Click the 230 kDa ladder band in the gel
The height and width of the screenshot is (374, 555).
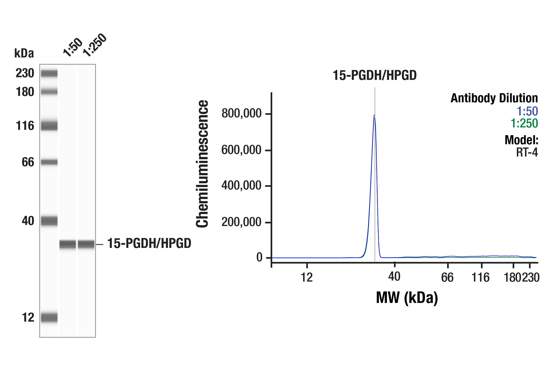(49, 73)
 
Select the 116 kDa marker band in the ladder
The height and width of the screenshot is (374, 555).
(49, 126)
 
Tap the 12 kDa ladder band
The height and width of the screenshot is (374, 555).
(49, 317)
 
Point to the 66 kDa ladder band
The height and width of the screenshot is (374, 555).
(49, 162)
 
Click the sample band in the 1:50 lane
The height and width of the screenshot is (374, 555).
(68, 244)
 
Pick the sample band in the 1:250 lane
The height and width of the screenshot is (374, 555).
(86, 244)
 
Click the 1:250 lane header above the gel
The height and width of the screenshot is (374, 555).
(94, 45)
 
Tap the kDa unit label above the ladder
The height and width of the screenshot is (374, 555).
(24, 53)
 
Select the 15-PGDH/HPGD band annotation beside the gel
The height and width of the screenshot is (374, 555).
(149, 243)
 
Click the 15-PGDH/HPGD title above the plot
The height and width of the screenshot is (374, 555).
(374, 75)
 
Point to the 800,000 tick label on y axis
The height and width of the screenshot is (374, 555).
(241, 113)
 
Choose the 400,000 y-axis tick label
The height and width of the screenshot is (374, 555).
(241, 185)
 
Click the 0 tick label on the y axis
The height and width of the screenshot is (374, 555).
(259, 257)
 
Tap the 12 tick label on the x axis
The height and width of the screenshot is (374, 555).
(307, 277)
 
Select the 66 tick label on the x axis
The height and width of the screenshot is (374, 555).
(447, 277)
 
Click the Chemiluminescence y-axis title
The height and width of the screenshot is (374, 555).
(202, 163)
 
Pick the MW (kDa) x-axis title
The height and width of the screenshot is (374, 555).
(407, 298)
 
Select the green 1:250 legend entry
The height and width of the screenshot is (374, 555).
(524, 123)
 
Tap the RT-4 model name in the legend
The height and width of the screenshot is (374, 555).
(527, 152)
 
